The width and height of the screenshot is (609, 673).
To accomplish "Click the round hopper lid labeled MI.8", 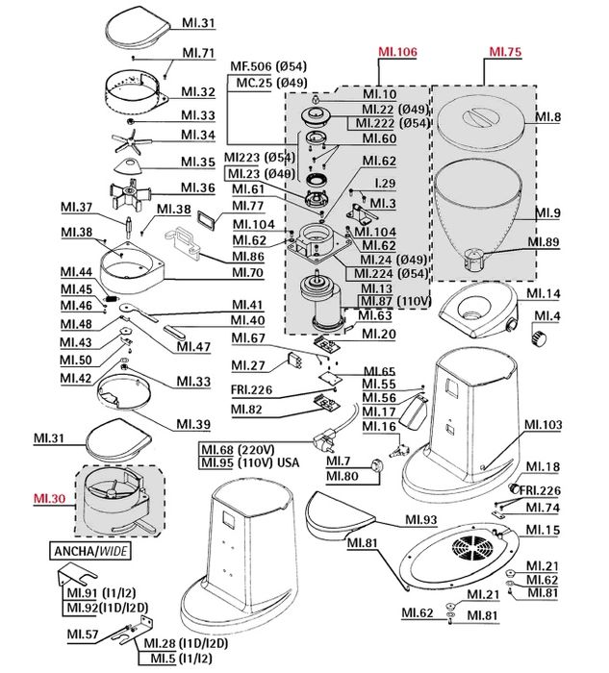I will point(480,123).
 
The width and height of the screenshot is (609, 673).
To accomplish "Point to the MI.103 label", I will point(543,424).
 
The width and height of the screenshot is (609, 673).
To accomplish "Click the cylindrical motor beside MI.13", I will point(323,304).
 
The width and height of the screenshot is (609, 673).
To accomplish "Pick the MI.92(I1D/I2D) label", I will point(108,608).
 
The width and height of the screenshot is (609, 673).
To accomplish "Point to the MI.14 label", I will point(541,292).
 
